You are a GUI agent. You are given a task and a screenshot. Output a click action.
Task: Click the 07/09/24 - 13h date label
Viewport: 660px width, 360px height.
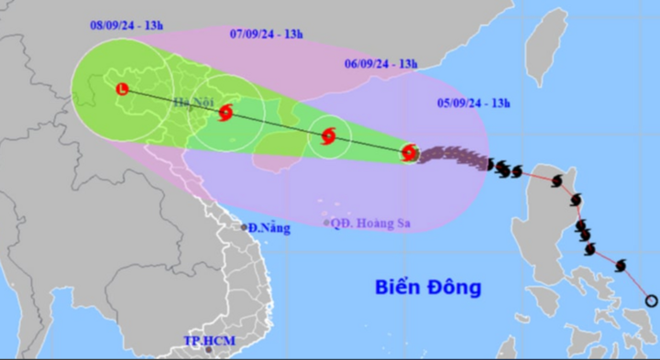coord(266,34)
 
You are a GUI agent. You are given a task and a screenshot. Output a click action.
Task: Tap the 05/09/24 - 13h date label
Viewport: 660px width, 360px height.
coord(473,104)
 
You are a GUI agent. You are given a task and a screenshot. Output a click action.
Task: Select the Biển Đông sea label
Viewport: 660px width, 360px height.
coord(427,288)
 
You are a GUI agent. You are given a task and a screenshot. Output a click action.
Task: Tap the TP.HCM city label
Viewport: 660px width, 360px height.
coord(209,341)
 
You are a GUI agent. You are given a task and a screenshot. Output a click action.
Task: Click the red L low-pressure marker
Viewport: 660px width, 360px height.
coord(123,89)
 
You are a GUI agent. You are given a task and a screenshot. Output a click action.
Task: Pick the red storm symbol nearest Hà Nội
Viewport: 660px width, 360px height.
coord(225,114)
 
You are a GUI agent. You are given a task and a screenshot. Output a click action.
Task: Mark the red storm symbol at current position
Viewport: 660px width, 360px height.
coord(410,153)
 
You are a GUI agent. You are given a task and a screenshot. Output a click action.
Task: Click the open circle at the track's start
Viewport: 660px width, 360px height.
coord(651,300)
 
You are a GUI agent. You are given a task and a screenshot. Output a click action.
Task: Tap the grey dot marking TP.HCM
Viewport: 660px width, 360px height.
coord(209,350)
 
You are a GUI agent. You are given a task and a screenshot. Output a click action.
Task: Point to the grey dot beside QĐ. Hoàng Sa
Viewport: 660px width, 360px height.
coord(326,223)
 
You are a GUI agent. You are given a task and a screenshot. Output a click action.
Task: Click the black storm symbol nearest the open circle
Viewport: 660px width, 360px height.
coord(621,266)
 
